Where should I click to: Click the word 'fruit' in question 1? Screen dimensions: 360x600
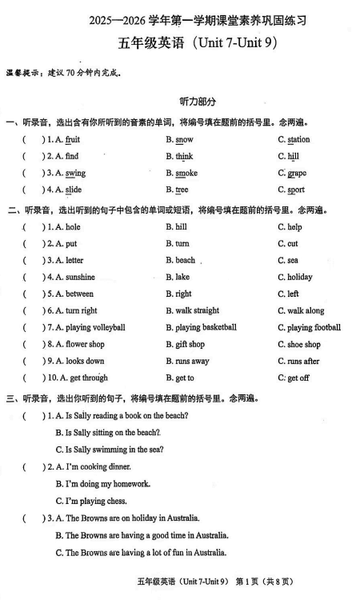[73, 140]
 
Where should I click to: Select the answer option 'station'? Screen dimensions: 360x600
[298, 140]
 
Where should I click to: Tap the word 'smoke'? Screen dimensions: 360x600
[186, 174]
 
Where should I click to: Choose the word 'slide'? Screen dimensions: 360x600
[74, 190]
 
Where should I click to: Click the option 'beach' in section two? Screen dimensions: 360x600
[185, 261]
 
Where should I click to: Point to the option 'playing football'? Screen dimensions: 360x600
[314, 328]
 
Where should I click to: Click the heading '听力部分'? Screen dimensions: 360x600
[180, 102]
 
